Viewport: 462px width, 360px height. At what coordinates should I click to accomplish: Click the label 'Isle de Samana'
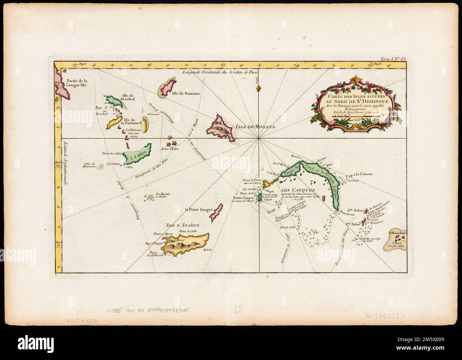click(x=186, y=94)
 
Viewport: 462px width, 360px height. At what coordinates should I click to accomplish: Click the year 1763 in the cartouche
click(x=356, y=120)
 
